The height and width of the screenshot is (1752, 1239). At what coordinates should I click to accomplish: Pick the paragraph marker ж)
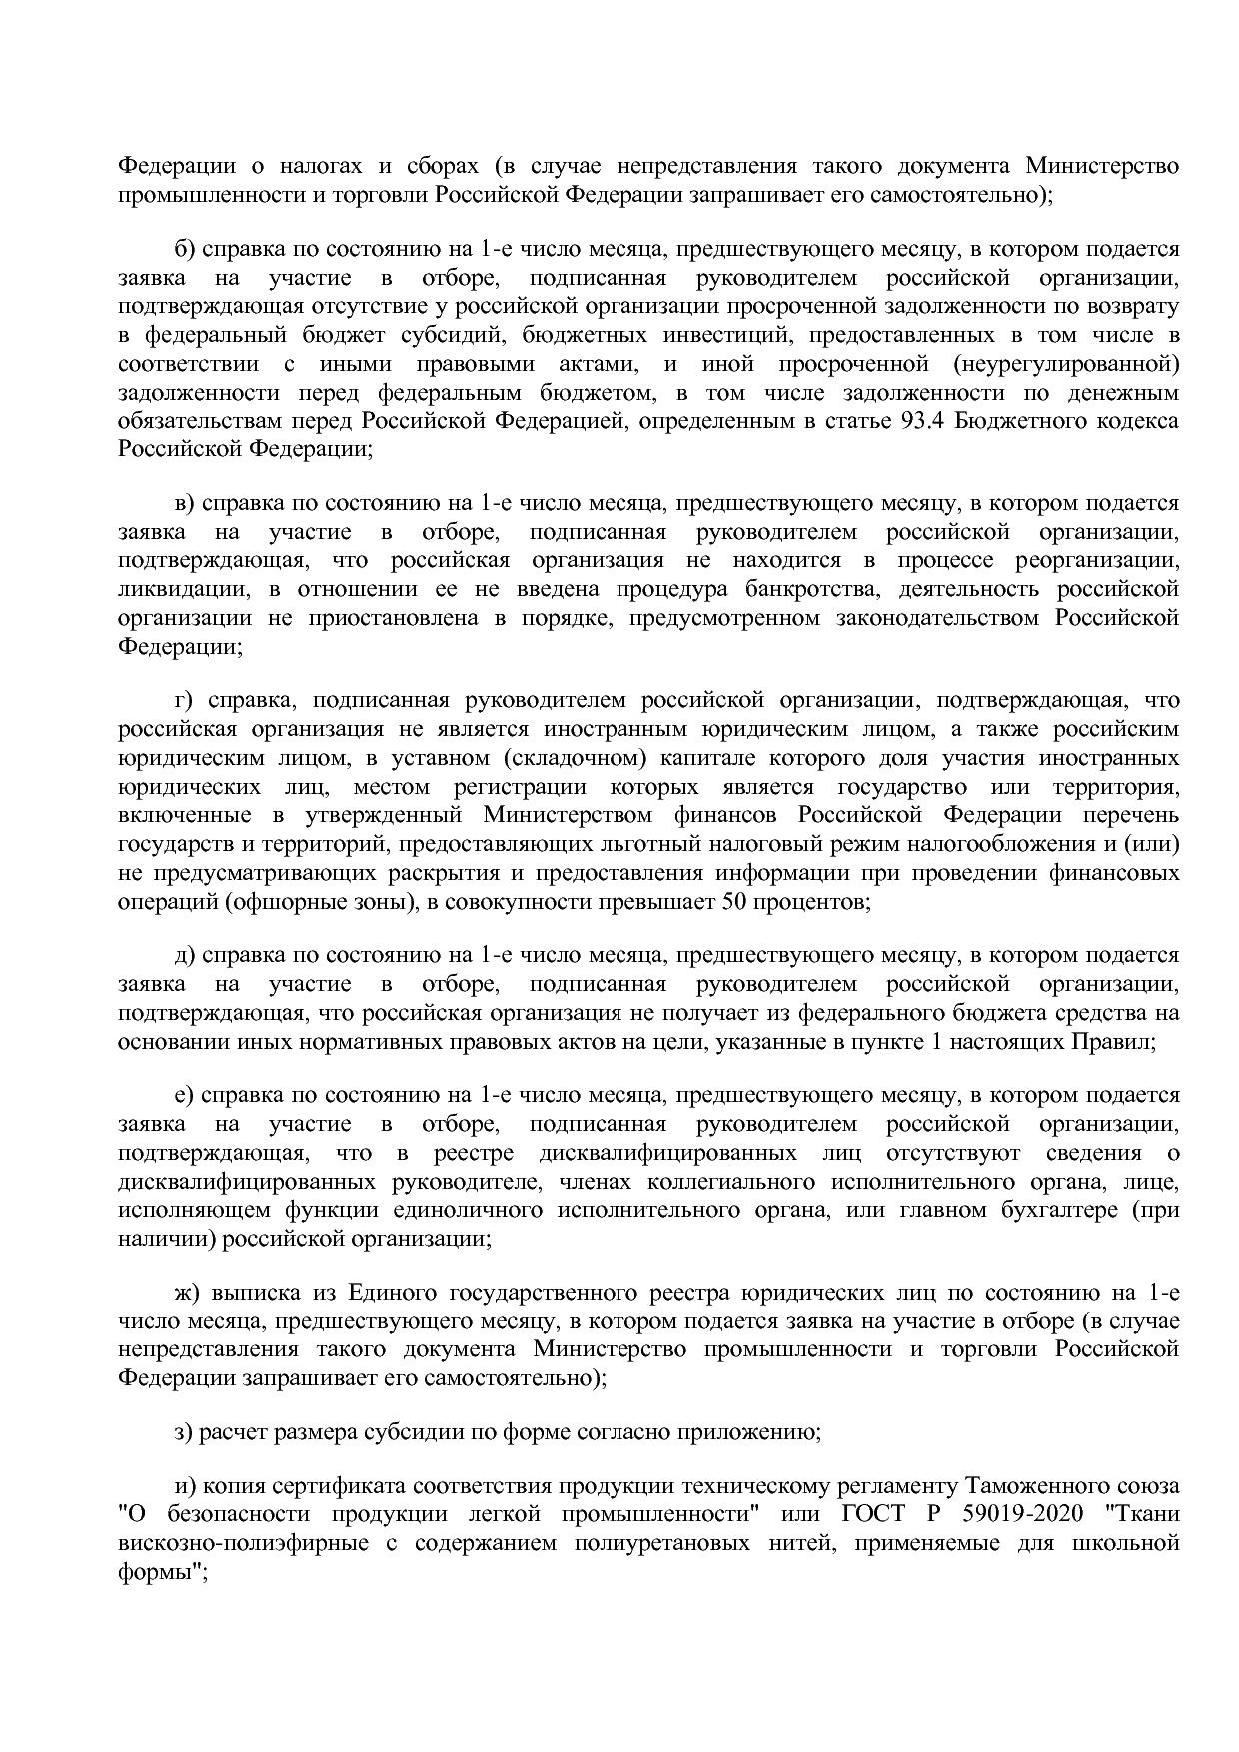point(187,1294)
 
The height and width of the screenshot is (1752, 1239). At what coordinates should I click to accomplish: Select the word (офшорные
point(272,903)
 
